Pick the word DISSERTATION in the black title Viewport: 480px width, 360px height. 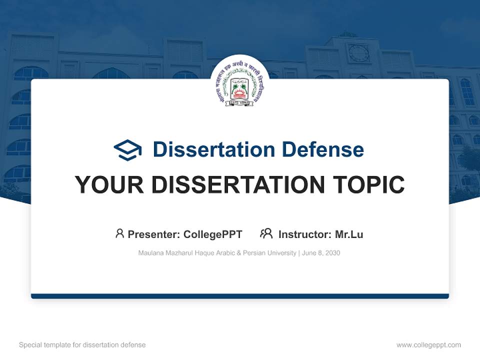pos(239,185)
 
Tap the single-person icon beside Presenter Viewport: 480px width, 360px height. pos(119,233)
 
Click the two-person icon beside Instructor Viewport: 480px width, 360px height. pos(266,233)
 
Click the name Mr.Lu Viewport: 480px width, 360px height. pos(349,234)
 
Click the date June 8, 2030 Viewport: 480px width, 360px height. pos(321,253)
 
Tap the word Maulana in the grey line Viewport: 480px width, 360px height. pos(150,253)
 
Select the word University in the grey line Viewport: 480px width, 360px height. pos(281,253)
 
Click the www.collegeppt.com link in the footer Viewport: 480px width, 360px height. pos(428,345)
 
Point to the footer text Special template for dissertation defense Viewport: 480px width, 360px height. pos(82,345)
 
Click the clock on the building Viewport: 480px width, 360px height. pos(358,52)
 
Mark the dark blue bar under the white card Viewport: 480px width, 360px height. pos(240,296)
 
